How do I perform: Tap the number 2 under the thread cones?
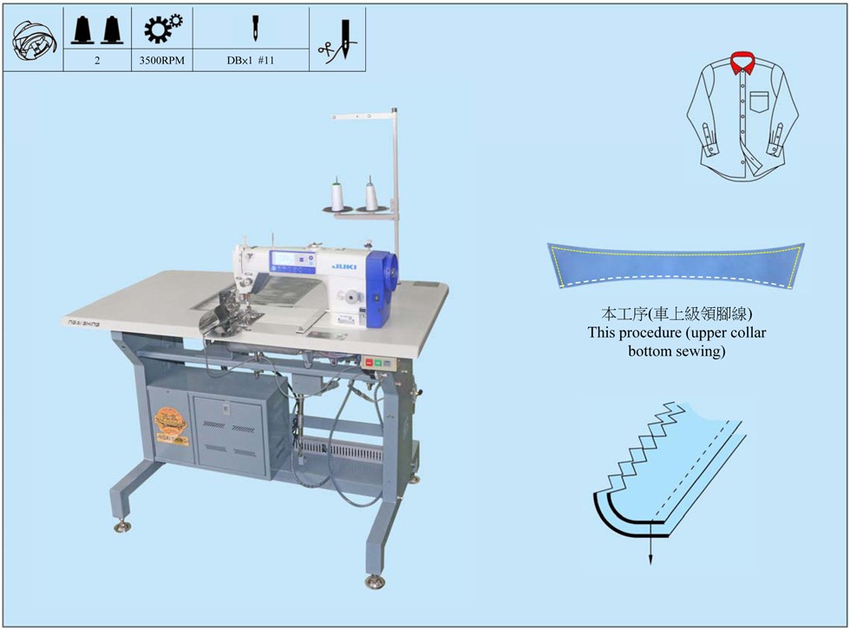(96, 62)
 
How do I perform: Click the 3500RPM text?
(161, 62)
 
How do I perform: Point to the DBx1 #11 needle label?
(250, 62)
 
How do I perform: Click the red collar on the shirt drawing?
(741, 63)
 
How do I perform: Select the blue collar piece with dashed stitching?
(677, 266)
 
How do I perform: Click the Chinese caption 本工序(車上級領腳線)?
(677, 313)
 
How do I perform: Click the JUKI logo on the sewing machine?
(339, 258)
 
